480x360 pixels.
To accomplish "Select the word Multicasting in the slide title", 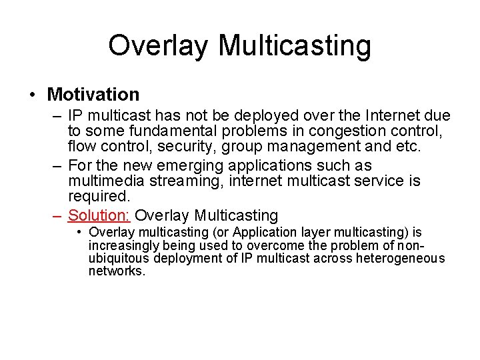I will pyautogui.click(x=294, y=46).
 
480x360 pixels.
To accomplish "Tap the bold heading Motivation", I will pyautogui.click(x=93, y=95).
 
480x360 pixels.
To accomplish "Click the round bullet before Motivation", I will pyautogui.click(x=33, y=95).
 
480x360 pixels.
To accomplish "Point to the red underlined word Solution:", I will pyautogui.click(x=99, y=215).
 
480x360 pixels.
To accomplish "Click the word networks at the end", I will pyautogui.click(x=117, y=271).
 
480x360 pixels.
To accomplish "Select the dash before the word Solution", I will pyautogui.click(x=58, y=215).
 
